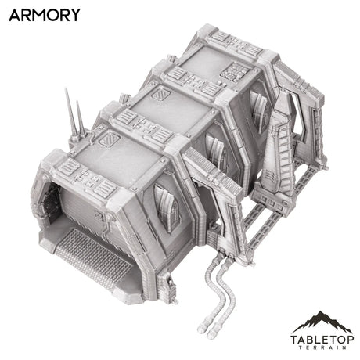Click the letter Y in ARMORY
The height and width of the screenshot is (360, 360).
point(73,15)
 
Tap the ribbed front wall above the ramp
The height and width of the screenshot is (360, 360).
point(94,207)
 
